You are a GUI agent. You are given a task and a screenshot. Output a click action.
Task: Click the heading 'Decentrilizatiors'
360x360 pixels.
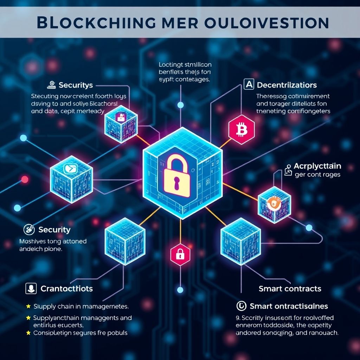click(x=287, y=85)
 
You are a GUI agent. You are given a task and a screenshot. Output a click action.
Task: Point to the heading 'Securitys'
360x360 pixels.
click(x=76, y=85)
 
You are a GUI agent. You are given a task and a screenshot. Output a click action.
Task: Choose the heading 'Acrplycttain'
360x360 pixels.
click(x=317, y=166)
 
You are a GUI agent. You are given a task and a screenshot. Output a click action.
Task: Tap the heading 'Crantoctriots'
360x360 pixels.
click(x=67, y=289)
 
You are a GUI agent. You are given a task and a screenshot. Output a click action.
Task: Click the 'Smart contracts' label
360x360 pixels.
click(x=290, y=289)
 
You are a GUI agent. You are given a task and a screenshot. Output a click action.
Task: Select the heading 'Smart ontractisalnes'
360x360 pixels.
click(x=289, y=306)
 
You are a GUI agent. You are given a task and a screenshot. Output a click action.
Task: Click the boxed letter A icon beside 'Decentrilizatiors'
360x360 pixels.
click(x=248, y=84)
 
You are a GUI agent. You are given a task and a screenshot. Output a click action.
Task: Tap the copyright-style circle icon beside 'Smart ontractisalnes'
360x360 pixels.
click(x=241, y=306)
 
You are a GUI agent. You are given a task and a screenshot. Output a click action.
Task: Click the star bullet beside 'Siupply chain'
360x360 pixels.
click(x=28, y=307)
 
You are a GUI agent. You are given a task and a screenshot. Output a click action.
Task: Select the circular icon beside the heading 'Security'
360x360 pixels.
click(x=29, y=230)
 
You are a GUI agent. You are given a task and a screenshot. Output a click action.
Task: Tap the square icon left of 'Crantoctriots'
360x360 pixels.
click(x=31, y=289)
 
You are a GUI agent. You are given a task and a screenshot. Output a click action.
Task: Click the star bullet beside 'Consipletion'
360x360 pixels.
click(x=28, y=332)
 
